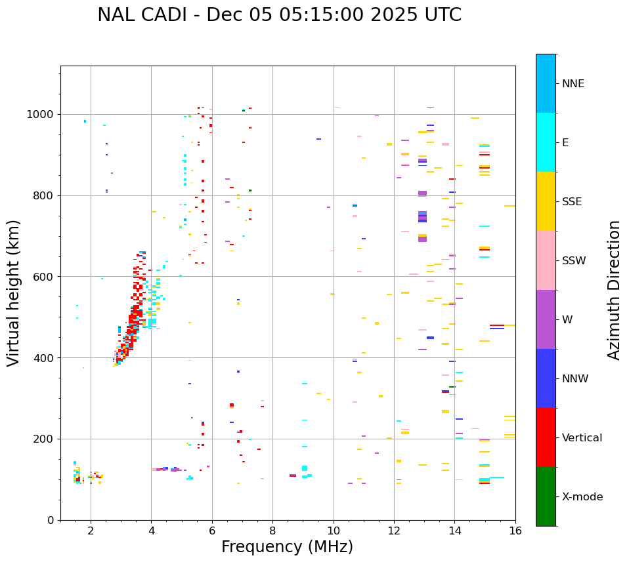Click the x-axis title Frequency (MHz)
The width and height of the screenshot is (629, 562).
(x=287, y=547)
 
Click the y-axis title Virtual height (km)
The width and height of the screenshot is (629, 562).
(x=14, y=292)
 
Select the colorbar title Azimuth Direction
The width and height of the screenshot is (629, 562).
(x=614, y=290)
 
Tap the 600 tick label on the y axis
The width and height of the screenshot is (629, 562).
(x=46, y=277)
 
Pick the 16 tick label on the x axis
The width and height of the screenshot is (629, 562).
(x=515, y=531)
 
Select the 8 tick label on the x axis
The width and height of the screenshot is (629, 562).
(x=272, y=531)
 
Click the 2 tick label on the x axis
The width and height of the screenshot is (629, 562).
(x=91, y=531)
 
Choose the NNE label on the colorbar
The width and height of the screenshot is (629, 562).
(x=573, y=84)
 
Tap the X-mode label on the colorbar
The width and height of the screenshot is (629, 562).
(x=582, y=497)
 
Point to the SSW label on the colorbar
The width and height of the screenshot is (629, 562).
(x=574, y=261)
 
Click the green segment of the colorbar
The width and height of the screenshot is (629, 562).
(x=546, y=496)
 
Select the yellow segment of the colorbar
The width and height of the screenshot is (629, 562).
(x=546, y=201)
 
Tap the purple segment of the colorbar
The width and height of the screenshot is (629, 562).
(x=546, y=319)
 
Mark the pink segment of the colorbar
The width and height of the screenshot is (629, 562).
(x=546, y=260)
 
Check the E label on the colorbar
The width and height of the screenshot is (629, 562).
(x=565, y=143)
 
